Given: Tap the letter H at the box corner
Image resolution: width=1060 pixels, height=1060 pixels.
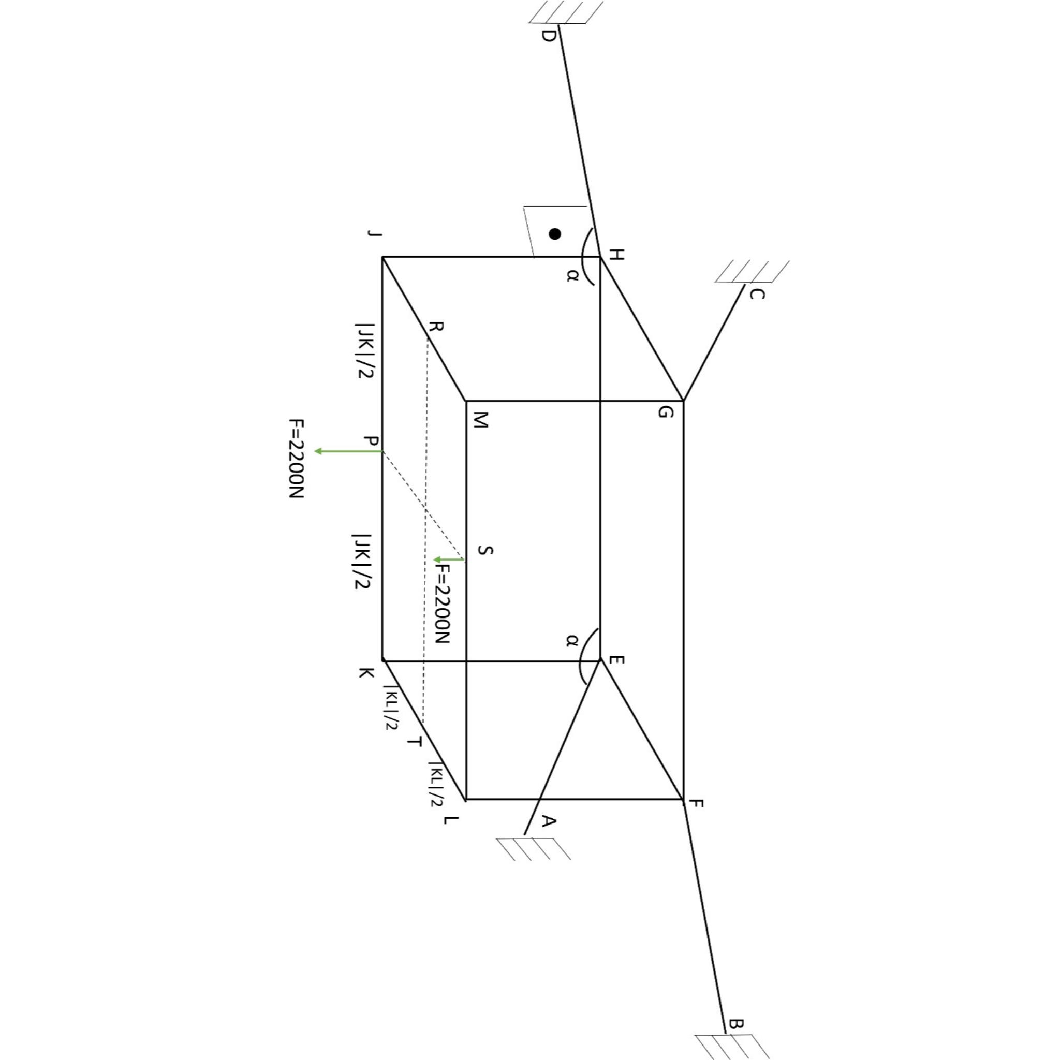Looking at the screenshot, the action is click(x=616, y=255).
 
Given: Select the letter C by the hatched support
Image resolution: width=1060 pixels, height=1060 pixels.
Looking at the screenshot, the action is click(x=757, y=295).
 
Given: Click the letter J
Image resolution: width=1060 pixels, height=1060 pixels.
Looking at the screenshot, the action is click(x=374, y=234).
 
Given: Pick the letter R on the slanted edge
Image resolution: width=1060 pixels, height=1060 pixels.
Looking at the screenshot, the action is click(x=436, y=328).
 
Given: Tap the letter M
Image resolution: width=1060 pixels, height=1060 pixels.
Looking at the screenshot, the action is click(x=480, y=421).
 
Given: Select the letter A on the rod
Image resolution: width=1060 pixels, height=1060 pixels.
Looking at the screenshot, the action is click(x=549, y=821).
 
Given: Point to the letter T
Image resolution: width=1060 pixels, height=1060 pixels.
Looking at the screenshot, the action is click(x=415, y=742).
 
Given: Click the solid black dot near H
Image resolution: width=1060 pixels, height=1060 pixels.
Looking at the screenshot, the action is click(x=555, y=234).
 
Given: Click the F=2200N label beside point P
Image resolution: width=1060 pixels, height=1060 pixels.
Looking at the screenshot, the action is click(x=296, y=458).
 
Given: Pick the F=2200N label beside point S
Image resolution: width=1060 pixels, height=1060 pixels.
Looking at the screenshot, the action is click(x=442, y=604).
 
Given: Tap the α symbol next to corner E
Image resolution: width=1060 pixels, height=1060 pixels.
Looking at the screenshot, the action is click(x=572, y=640).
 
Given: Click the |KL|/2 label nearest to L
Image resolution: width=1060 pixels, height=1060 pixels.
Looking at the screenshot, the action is click(x=436, y=785).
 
